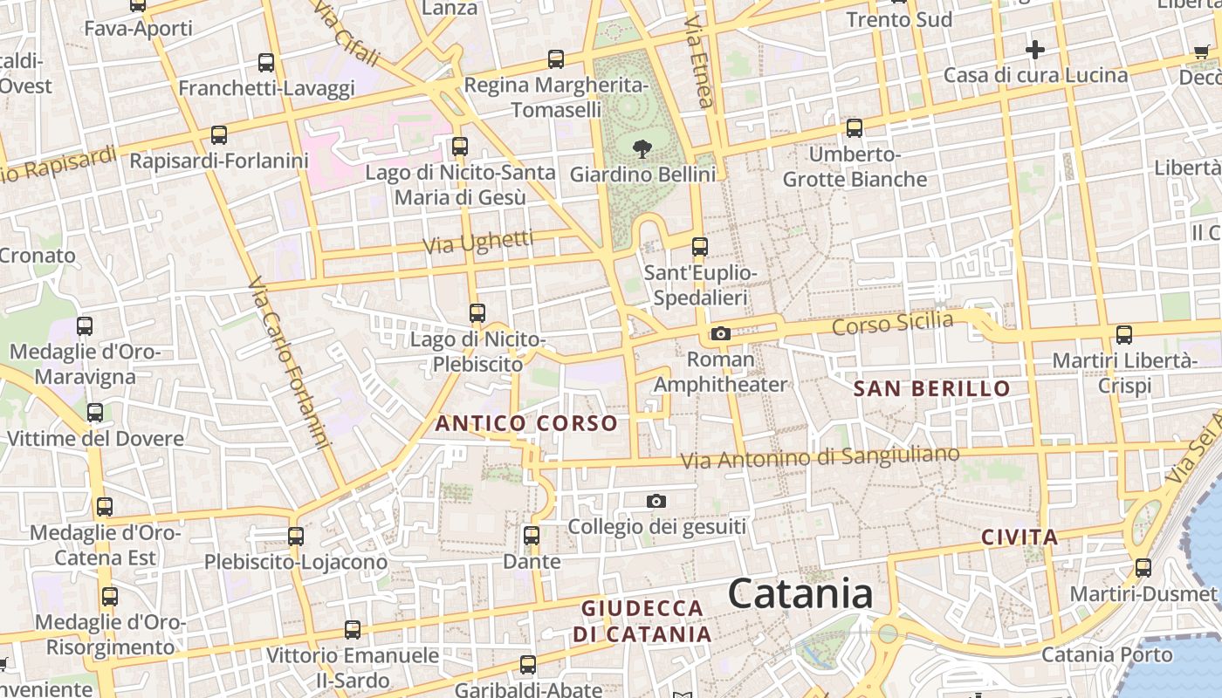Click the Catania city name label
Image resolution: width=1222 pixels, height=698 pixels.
pyautogui.click(x=800, y=594)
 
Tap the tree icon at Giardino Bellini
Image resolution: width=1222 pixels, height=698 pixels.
pyautogui.click(x=642, y=148)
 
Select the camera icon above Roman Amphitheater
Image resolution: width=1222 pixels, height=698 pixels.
pyautogui.click(x=720, y=333)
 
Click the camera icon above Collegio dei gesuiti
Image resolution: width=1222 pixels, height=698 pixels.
pyautogui.click(x=656, y=501)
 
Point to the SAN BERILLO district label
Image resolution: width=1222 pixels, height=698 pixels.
pyautogui.click(x=931, y=389)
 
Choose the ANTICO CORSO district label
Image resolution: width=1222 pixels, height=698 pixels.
pyautogui.click(x=526, y=424)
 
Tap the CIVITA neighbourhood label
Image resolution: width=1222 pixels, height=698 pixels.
pyautogui.click(x=1019, y=537)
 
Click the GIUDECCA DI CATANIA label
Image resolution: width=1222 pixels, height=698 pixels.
pyautogui.click(x=642, y=621)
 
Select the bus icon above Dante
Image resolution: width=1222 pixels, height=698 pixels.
pyautogui.click(x=531, y=535)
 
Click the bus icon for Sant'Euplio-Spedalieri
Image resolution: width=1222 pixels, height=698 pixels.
pyautogui.click(x=699, y=247)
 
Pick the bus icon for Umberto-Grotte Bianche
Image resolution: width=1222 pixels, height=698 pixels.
pyautogui.click(x=854, y=128)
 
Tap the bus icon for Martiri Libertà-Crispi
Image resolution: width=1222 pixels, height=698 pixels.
pyautogui.click(x=1124, y=334)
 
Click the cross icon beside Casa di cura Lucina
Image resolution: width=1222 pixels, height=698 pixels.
pyautogui.click(x=1034, y=50)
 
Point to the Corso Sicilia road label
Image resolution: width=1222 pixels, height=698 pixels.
pyautogui.click(x=892, y=324)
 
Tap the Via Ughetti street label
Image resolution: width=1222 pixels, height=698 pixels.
pyautogui.click(x=478, y=242)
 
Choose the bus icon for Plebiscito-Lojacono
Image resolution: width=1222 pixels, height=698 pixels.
pyautogui.click(x=296, y=536)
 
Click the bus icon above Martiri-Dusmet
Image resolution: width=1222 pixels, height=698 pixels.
pyautogui.click(x=1143, y=568)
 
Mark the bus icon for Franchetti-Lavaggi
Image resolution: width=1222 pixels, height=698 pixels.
pyautogui.click(x=266, y=63)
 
